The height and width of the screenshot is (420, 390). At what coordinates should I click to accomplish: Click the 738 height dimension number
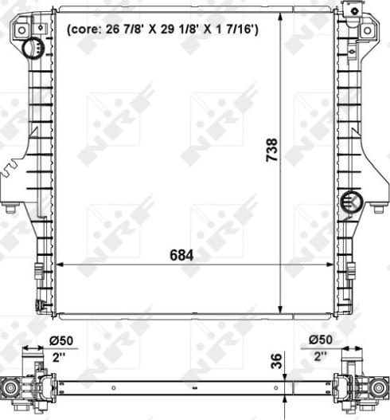pyautogui.click(x=271, y=151)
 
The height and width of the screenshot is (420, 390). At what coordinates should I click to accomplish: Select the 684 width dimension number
pyautogui.click(x=181, y=255)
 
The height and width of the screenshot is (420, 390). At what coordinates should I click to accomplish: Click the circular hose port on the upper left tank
pyautogui.click(x=33, y=49)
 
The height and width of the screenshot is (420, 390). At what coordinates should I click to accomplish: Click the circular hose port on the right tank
pyautogui.click(x=349, y=202)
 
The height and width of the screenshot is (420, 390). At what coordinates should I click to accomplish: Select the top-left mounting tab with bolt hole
pyautogui.click(x=24, y=29)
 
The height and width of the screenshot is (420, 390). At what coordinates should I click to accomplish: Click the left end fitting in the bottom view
pyautogui.click(x=16, y=387)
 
